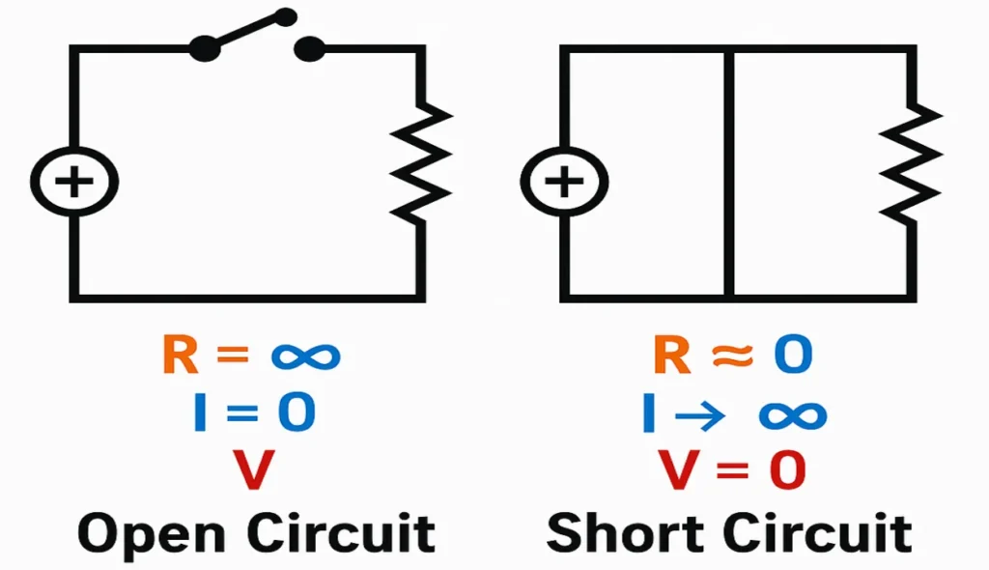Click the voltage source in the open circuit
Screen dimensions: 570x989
pyautogui.click(x=73, y=182)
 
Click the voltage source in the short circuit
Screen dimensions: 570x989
pyautogui.click(x=563, y=182)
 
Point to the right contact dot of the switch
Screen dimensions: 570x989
pyautogui.click(x=309, y=48)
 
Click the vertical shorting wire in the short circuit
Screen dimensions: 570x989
pyautogui.click(x=729, y=174)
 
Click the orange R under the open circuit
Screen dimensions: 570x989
pyautogui.click(x=180, y=356)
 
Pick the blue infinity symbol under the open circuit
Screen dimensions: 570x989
pyautogui.click(x=305, y=356)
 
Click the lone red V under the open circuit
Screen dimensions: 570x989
pyautogui.click(x=254, y=470)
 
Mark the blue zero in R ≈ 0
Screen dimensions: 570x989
pyautogui.click(x=791, y=356)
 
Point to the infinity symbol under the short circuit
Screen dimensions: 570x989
pyautogui.click(x=792, y=414)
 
